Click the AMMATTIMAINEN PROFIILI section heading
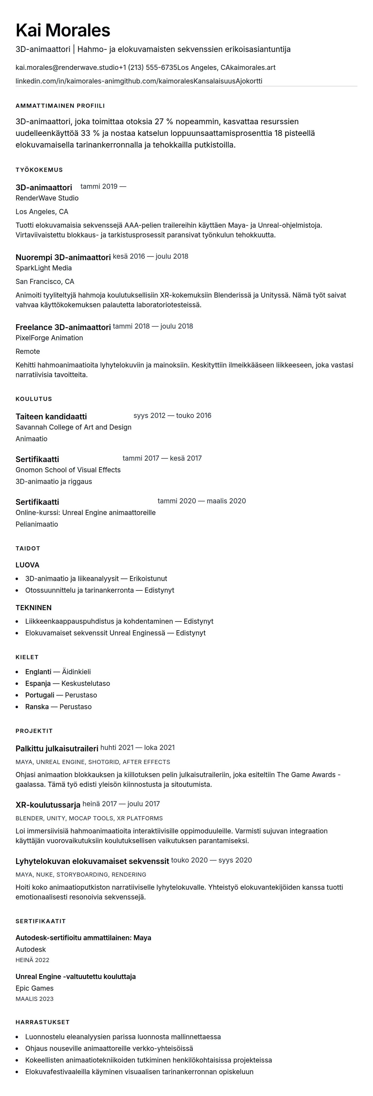(x=60, y=106)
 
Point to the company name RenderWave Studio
(x=47, y=198)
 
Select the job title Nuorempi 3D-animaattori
(x=63, y=257)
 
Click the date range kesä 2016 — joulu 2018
(x=150, y=256)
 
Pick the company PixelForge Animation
(x=49, y=338)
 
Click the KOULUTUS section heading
(x=34, y=399)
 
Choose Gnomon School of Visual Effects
(x=68, y=470)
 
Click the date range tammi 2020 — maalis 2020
(x=201, y=501)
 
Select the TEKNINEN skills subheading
(x=33, y=607)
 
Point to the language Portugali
(x=40, y=695)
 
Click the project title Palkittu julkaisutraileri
(x=57, y=748)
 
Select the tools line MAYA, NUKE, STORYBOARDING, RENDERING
(x=80, y=874)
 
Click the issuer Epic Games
(x=34, y=988)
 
